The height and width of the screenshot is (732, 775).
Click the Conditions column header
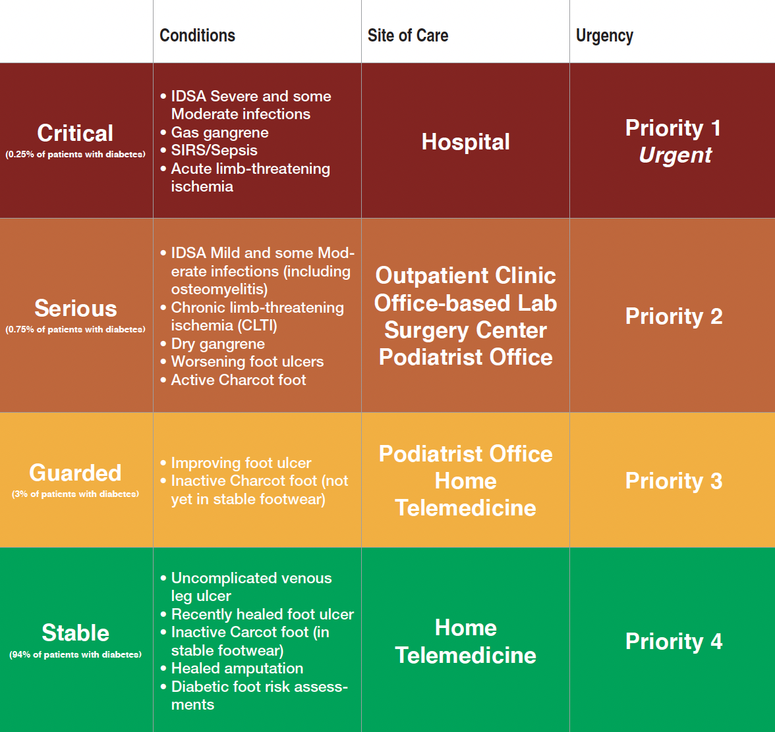pos(197,36)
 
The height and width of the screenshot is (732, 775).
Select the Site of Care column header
pos(408,36)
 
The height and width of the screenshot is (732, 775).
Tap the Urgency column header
pos(604,36)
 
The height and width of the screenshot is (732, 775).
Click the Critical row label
pos(75,133)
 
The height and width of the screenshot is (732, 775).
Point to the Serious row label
pos(76,309)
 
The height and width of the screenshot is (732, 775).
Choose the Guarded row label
pos(75,473)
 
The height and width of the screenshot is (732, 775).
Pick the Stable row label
pos(76,633)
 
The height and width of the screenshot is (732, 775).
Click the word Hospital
pos(465,142)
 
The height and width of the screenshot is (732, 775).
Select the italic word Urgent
pos(675,155)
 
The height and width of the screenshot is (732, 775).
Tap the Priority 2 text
pos(674,317)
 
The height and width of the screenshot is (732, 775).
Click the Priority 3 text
pos(674,481)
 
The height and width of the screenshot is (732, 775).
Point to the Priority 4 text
pos(674,641)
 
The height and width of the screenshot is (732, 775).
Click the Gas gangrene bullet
pos(215,132)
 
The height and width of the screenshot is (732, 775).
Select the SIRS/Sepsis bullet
pos(209,150)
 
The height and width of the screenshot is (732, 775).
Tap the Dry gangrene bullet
pos(212,344)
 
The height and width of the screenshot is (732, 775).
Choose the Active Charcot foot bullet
pos(233,380)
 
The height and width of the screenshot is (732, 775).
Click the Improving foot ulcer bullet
pos(236,463)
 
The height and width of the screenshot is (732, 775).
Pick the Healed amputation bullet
pos(232,668)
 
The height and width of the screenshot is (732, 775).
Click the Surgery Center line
pos(465,330)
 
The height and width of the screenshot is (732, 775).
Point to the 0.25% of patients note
pos(76,155)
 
